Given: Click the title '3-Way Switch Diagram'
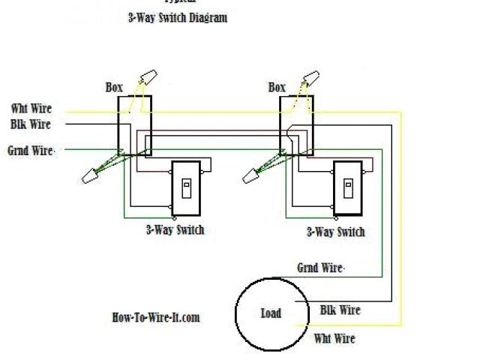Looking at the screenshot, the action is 177,17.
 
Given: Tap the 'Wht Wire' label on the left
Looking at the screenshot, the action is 31,109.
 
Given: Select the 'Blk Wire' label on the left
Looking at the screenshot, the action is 31,124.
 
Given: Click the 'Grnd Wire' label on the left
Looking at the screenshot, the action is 31,151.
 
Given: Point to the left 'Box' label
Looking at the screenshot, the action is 114,88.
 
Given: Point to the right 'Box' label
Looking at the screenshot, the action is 277,88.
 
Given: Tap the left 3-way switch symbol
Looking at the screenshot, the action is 186,189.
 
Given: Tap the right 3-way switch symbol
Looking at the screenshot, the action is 347,189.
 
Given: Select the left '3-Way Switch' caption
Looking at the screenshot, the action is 175,230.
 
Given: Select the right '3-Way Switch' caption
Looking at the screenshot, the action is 335,232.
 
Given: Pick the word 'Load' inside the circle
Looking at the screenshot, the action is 271,313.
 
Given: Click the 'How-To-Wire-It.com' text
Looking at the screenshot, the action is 155,317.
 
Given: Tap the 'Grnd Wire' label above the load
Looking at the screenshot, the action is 321,268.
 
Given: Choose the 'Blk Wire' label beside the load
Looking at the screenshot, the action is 340,310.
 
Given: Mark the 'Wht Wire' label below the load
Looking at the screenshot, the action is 334,339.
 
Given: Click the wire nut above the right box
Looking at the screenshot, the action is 311,78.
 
